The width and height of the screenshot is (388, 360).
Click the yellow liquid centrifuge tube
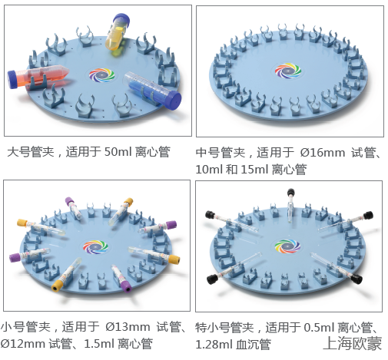click(117, 32)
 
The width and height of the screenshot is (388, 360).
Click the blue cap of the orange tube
click(12, 79)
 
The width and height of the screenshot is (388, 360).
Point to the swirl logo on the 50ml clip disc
click(101, 75)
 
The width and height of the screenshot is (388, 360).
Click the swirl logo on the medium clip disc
click(288, 70)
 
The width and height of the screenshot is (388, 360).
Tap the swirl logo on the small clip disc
click(95, 247)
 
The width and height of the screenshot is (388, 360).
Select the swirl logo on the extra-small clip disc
click(287, 246)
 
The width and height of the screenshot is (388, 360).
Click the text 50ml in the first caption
click(118, 152)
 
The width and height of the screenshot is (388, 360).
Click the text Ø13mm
click(128, 327)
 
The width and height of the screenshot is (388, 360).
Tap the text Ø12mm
click(22, 344)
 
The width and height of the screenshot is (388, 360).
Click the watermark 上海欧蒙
click(353, 343)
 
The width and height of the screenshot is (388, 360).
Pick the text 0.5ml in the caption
click(319, 328)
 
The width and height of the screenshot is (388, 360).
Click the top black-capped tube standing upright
click(290, 206)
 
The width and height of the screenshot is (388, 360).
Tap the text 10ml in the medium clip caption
click(209, 170)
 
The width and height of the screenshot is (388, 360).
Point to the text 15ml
click(254, 170)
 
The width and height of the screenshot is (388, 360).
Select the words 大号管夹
click(31, 152)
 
